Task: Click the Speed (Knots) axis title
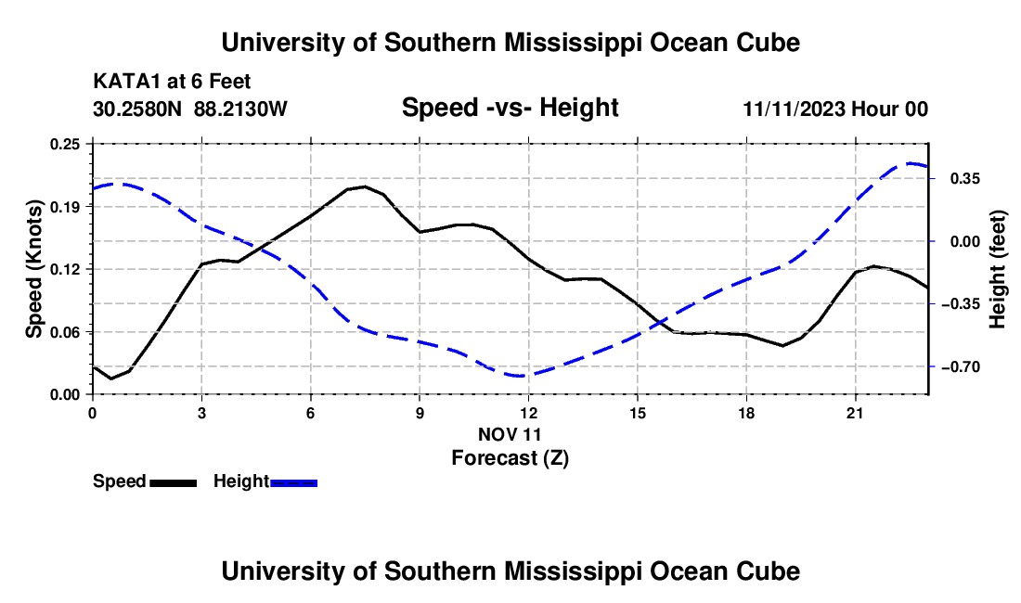[33, 269]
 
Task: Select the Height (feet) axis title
[997, 269]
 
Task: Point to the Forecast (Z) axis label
[510, 458]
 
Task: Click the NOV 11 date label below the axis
[510, 434]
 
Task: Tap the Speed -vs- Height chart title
[510, 108]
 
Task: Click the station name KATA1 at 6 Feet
[172, 82]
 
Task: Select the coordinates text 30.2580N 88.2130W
[189, 109]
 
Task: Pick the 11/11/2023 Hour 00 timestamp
[835, 109]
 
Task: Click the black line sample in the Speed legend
[174, 483]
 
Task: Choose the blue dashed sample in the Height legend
[293, 483]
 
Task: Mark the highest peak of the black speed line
[364, 186]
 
